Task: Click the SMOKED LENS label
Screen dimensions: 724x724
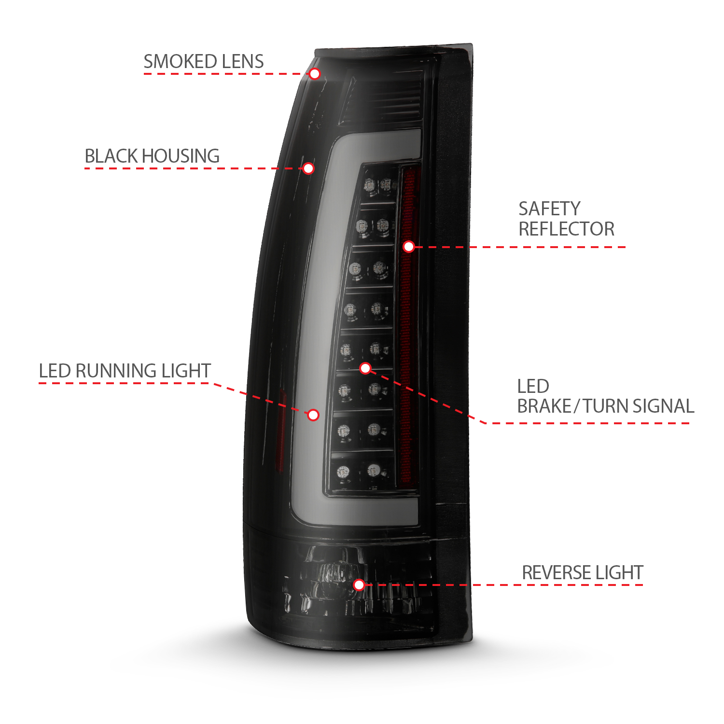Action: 204,62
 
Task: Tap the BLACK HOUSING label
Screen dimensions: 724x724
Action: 152,156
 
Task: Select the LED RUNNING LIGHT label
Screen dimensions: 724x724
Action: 125,371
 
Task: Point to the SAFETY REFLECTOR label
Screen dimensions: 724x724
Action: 566,219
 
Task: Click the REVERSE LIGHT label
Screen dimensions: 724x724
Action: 583,573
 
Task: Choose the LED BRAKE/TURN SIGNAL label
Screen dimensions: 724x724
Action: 606,396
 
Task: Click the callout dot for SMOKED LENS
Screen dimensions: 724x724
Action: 315,74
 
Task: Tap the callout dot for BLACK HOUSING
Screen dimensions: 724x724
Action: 308,168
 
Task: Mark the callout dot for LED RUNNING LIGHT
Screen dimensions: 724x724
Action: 313,415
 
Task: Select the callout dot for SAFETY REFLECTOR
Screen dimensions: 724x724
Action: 409,247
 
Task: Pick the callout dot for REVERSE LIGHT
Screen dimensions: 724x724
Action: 359,585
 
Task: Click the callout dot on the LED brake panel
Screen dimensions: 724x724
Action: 365,368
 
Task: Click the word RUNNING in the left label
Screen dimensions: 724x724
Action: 116,371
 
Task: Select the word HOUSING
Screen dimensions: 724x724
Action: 181,156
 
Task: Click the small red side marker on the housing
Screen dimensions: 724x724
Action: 280,430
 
